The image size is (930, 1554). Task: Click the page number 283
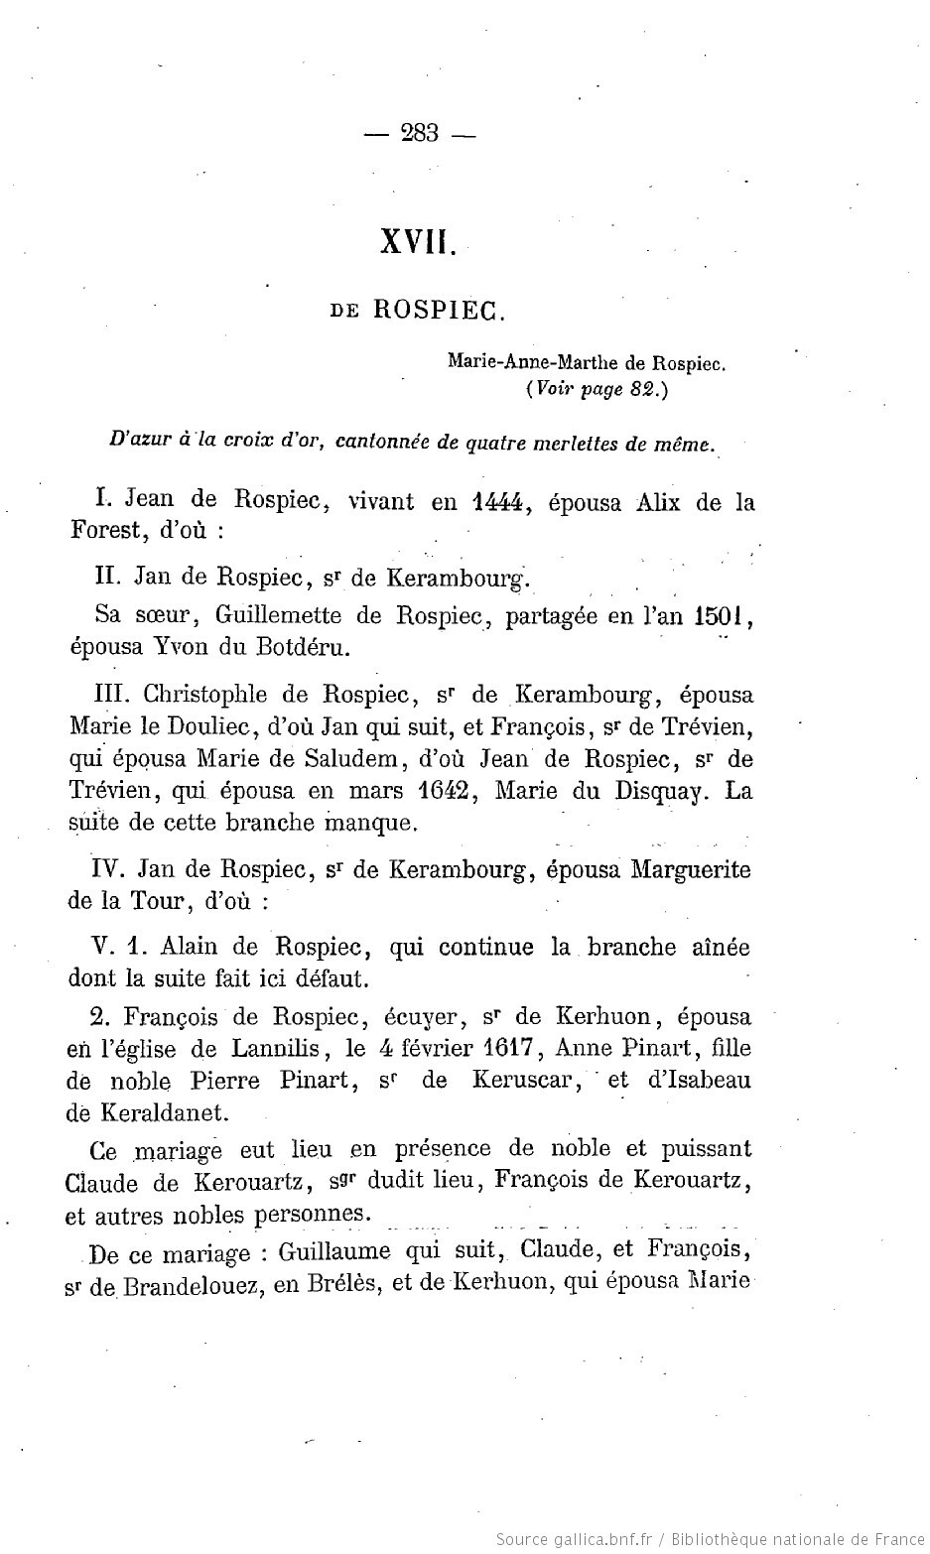coord(420,132)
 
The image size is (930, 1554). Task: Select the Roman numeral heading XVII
coord(418,242)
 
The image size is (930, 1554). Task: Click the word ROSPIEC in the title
coord(440,311)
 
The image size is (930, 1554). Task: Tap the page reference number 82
coord(642,389)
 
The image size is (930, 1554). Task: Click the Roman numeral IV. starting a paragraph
coord(105,869)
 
